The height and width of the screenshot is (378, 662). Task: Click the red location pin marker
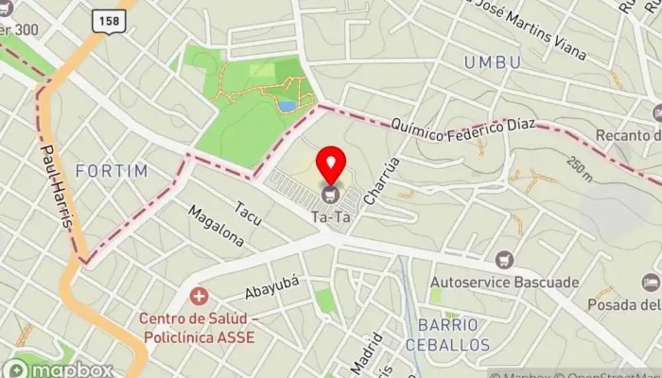click(331, 163)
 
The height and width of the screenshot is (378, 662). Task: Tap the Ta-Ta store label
click(331, 217)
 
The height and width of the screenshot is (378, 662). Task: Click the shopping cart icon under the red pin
click(331, 196)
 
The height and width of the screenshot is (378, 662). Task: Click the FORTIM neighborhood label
click(112, 171)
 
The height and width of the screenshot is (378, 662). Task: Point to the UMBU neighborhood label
click(493, 62)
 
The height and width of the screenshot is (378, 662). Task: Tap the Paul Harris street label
click(56, 184)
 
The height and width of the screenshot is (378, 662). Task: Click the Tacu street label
click(249, 215)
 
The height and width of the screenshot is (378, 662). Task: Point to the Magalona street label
click(216, 226)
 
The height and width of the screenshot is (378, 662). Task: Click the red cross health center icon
click(199, 297)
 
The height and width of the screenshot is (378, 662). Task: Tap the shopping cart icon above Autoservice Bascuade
click(504, 259)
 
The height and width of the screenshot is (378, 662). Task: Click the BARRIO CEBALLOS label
click(448, 335)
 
